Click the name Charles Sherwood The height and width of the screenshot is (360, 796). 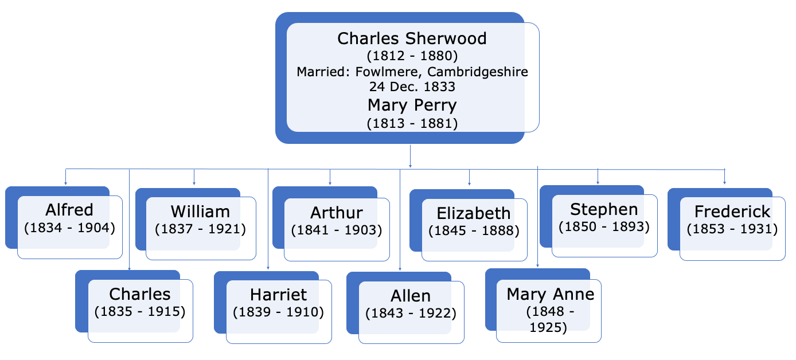(x=412, y=38)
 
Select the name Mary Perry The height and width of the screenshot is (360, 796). (x=412, y=105)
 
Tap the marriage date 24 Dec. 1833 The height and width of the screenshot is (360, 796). (x=412, y=87)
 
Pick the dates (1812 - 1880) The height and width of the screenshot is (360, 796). (x=412, y=57)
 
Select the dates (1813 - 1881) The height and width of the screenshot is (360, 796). (x=412, y=123)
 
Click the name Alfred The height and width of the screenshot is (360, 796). (x=69, y=210)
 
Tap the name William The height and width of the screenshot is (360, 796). (x=200, y=212)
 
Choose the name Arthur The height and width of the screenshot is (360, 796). (x=337, y=213)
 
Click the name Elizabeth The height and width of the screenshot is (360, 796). (x=474, y=213)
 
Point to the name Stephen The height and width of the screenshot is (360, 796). (x=604, y=209)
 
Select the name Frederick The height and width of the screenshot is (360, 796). (x=732, y=212)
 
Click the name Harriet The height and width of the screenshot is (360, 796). (x=279, y=295)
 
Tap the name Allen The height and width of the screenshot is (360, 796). (x=411, y=296)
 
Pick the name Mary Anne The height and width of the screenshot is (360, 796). (x=551, y=295)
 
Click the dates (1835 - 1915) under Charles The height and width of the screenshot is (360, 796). (x=140, y=312)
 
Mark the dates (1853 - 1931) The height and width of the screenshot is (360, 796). (x=732, y=229)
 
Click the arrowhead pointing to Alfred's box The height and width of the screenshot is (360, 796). (x=65, y=183)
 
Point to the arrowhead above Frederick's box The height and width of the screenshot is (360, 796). (x=725, y=182)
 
